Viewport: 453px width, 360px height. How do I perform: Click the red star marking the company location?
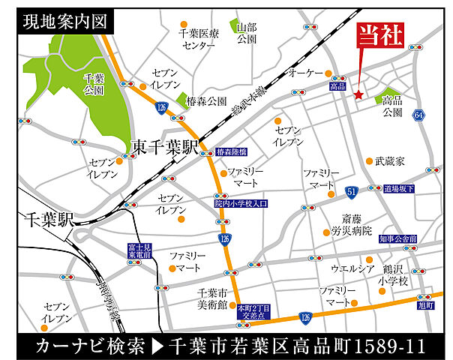[358, 95]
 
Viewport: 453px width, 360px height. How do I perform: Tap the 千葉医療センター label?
[197, 39]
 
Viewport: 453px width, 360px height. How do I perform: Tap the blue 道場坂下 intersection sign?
[398, 188]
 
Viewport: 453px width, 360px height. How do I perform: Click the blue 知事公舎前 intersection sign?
[397, 239]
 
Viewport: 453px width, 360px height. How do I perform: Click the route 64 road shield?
[418, 115]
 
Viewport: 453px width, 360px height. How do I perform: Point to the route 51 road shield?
[351, 193]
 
